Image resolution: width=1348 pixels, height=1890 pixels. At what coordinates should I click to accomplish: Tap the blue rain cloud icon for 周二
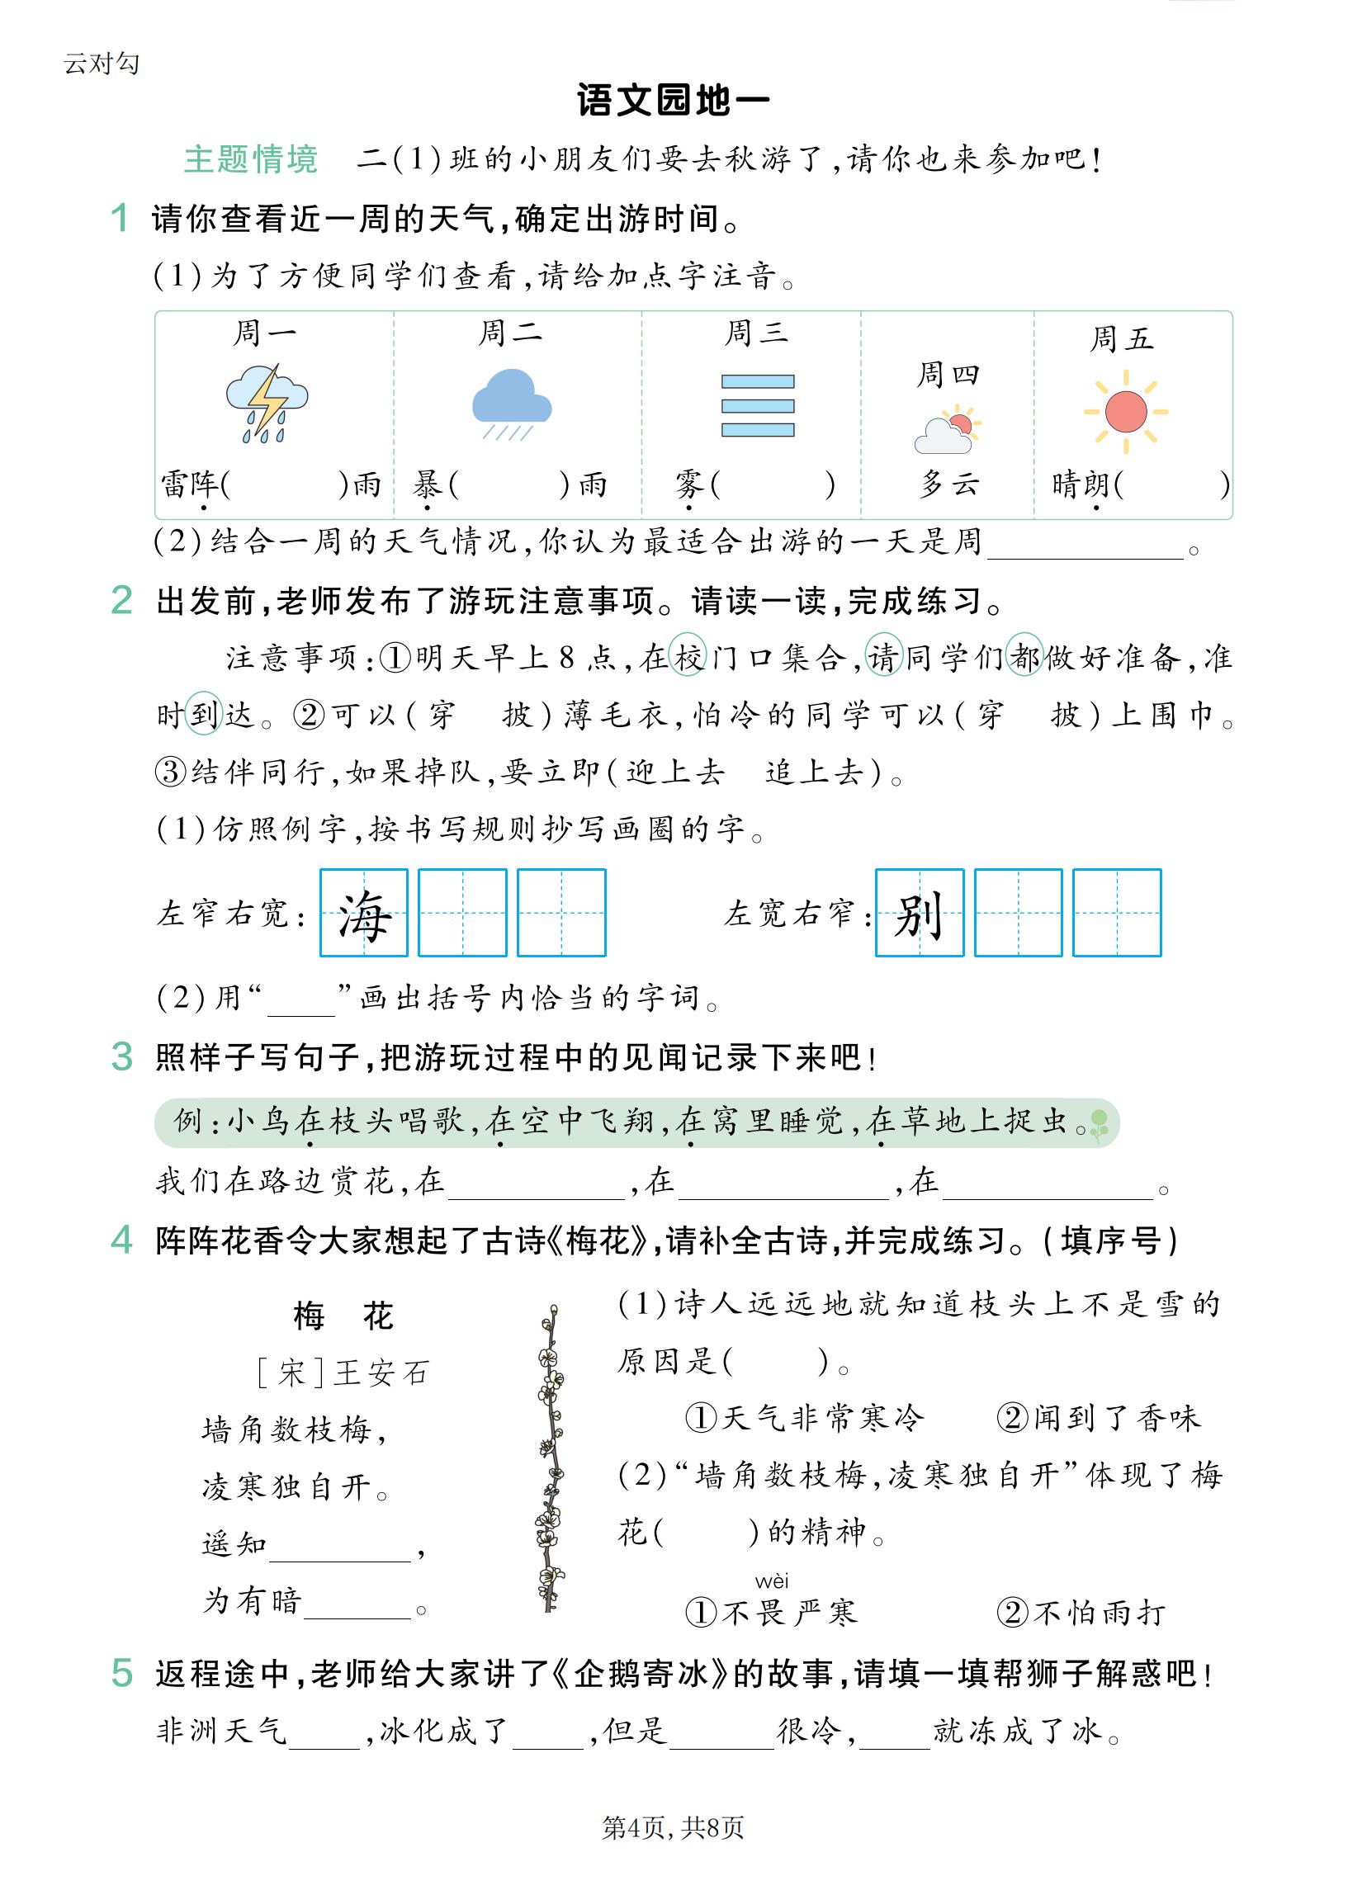click(511, 403)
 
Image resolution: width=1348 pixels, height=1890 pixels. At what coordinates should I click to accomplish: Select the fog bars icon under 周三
click(757, 406)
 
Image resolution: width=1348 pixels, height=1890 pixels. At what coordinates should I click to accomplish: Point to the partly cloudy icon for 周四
click(947, 431)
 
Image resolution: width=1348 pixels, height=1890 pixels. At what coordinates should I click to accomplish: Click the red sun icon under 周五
click(1126, 412)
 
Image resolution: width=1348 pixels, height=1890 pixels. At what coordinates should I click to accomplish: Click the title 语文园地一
click(673, 101)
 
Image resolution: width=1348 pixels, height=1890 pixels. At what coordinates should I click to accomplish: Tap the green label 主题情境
click(251, 158)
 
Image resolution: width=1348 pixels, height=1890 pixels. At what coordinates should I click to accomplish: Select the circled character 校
click(688, 656)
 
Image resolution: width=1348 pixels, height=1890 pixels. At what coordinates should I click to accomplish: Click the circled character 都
click(1024, 656)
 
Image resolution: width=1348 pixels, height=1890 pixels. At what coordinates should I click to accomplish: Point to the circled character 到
click(203, 714)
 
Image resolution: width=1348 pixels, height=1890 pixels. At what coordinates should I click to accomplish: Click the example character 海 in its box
click(363, 914)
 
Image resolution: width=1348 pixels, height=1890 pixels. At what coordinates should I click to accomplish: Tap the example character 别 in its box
click(919, 914)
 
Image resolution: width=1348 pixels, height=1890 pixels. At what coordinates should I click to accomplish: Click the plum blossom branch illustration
click(550, 1459)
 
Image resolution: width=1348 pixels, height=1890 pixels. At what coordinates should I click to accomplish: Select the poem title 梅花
click(343, 1316)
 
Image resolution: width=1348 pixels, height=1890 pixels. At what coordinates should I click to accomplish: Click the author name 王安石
click(381, 1373)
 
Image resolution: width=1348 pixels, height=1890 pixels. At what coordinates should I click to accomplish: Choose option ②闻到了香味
click(1098, 1418)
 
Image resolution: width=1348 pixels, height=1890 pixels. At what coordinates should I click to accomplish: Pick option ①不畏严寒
click(771, 1612)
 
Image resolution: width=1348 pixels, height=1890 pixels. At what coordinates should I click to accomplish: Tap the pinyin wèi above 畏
click(772, 1581)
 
